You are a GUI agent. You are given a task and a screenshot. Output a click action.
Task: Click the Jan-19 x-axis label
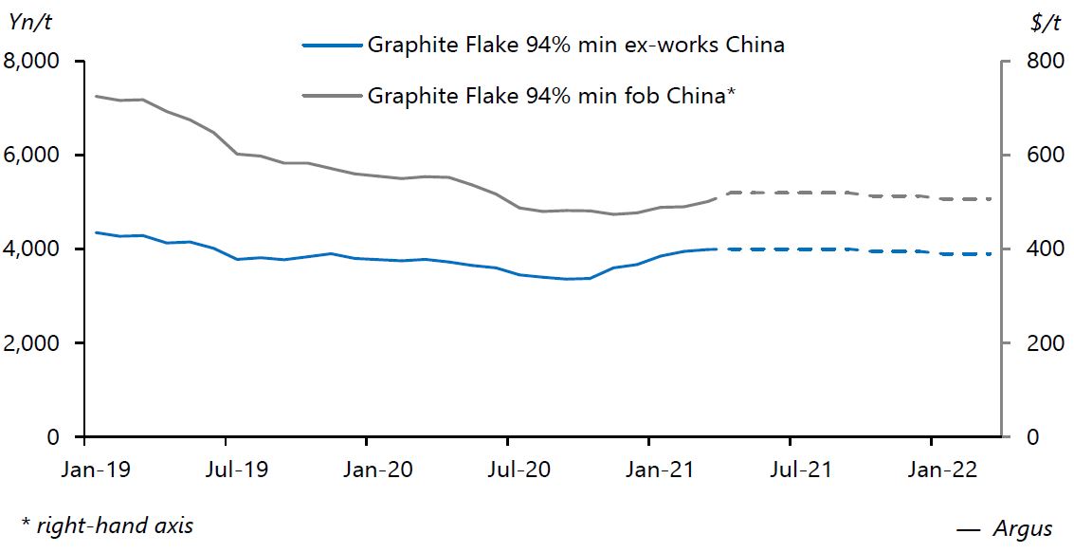(x=96, y=470)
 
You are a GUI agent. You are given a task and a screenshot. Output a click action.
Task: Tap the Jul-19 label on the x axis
(x=236, y=470)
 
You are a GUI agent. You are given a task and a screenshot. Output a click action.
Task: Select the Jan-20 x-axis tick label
(x=377, y=470)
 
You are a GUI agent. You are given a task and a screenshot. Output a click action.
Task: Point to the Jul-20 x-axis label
(x=518, y=470)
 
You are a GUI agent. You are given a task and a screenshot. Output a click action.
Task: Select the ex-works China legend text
(x=575, y=45)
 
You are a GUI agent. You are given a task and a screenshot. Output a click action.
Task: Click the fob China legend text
(x=552, y=96)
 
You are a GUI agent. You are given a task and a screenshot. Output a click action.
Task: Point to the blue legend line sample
(x=332, y=45)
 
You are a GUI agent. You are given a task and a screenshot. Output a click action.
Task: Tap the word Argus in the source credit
(x=1023, y=529)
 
